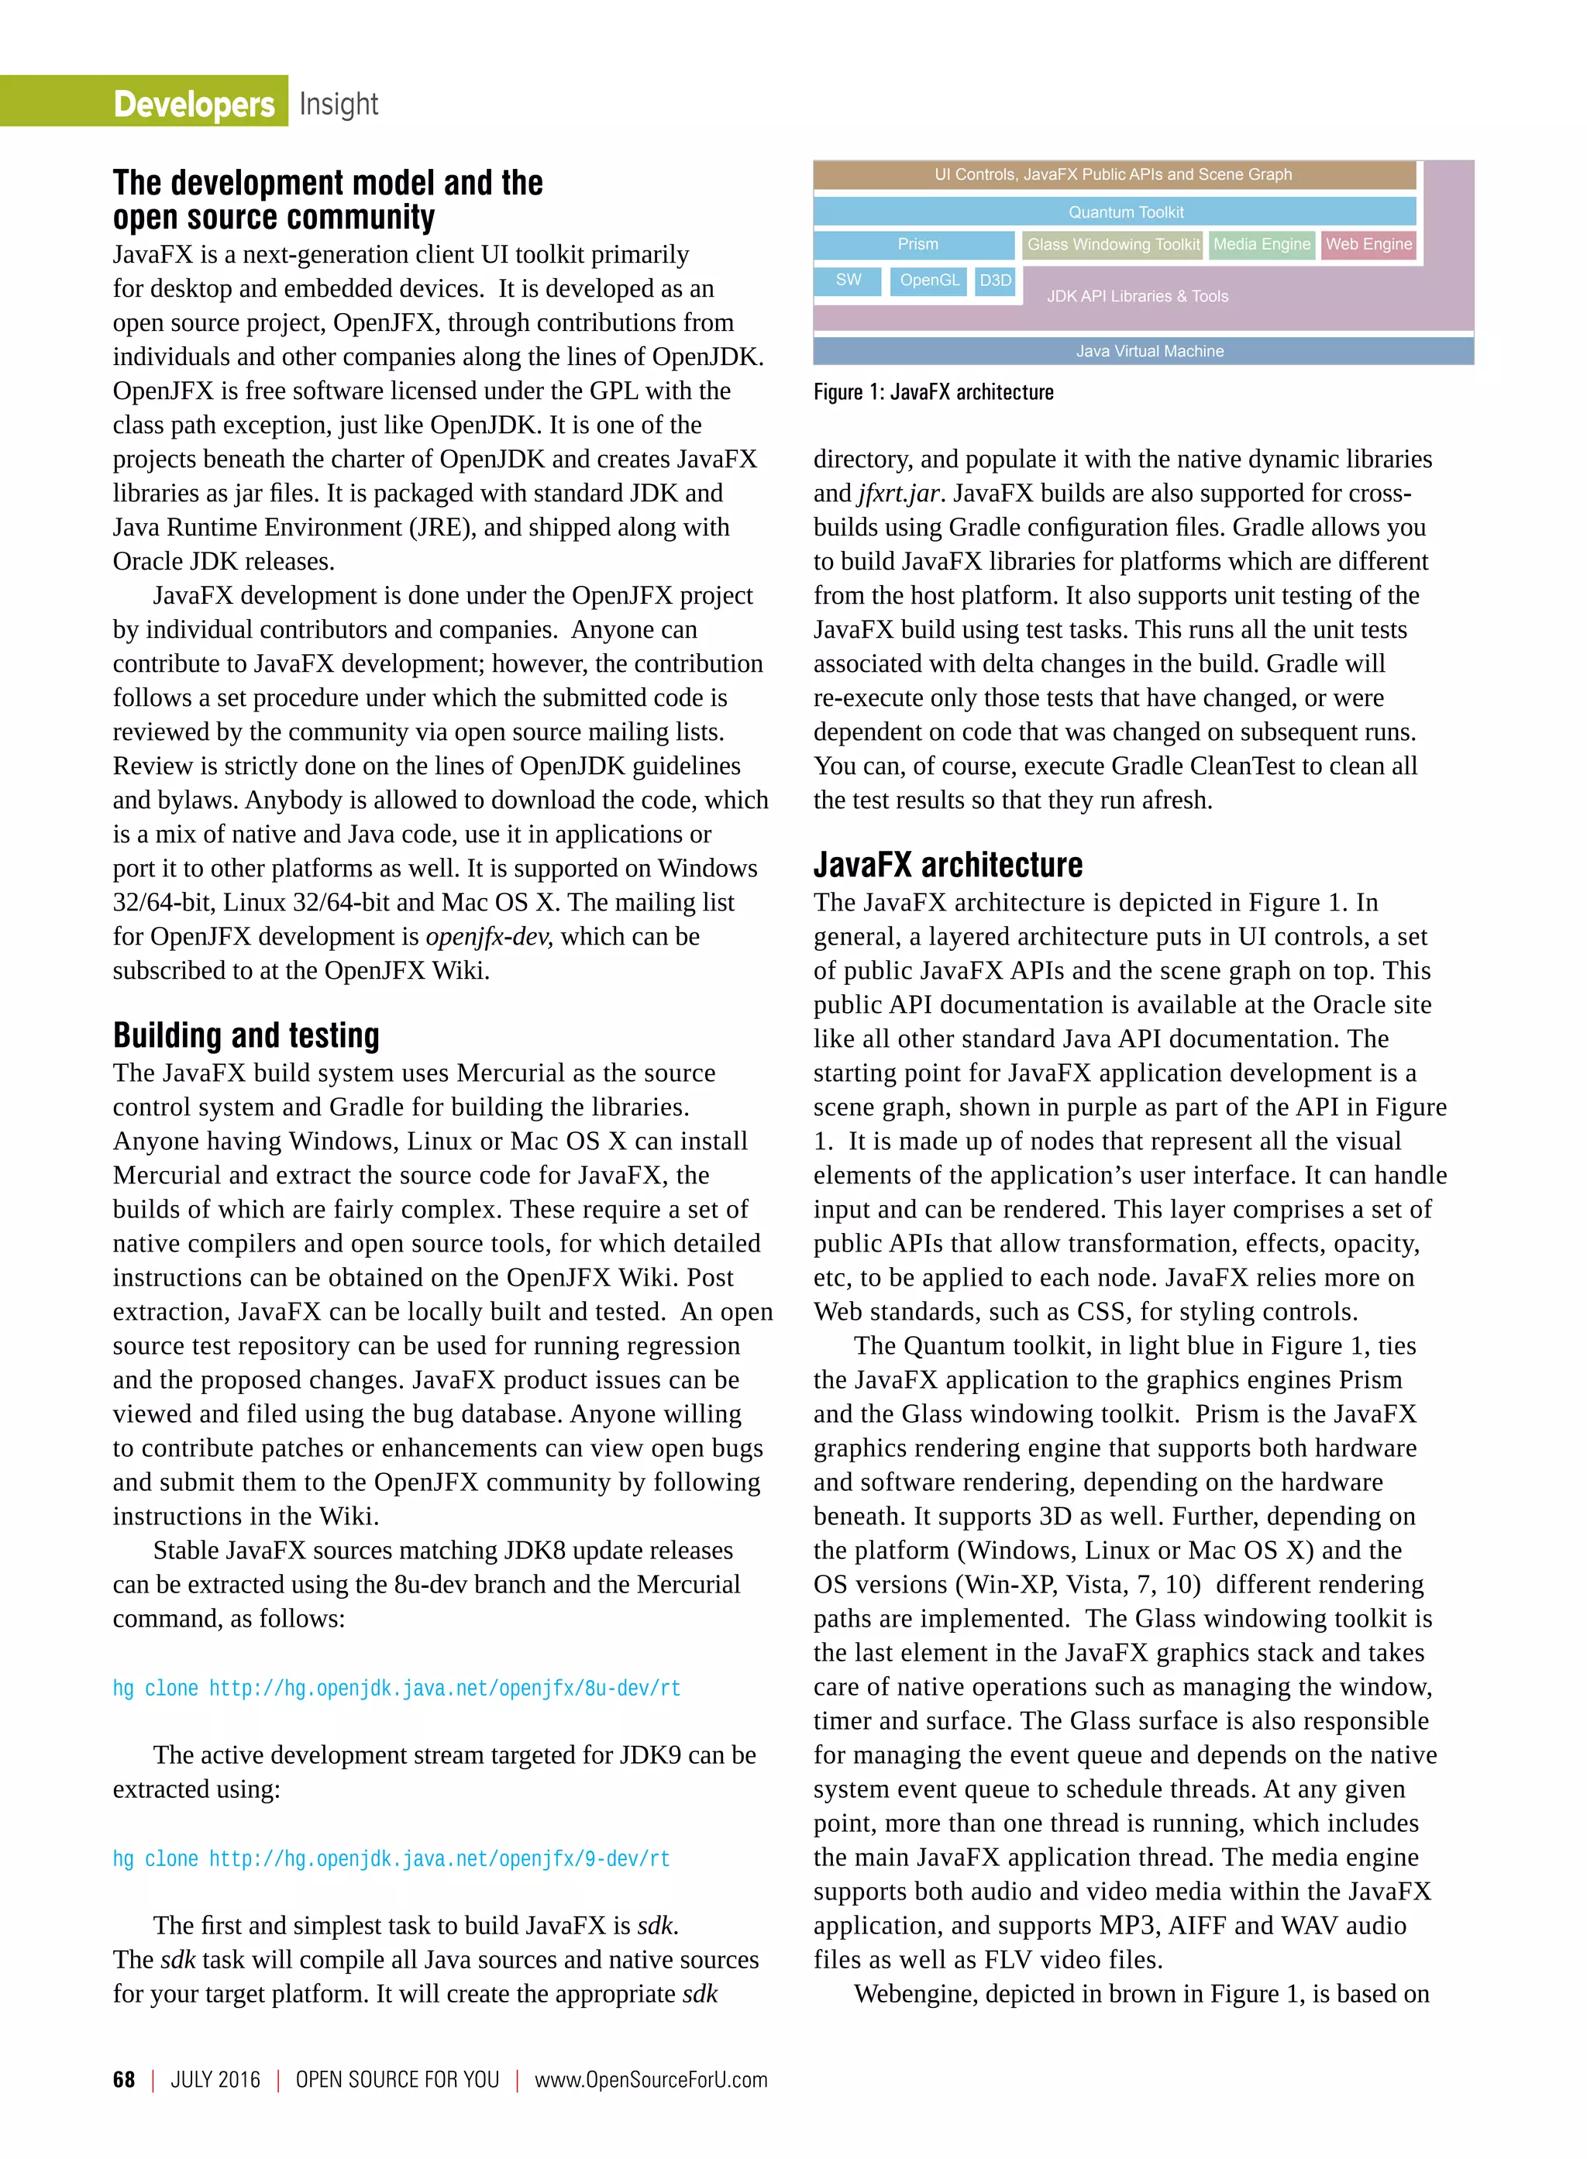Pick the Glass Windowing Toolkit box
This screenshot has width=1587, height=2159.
(1113, 244)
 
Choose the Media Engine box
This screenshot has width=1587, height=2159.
(1262, 244)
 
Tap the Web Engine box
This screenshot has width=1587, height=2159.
(1368, 244)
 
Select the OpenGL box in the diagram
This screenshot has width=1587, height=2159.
(928, 280)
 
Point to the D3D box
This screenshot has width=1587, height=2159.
(995, 280)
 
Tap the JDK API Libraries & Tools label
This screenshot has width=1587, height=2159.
(1138, 296)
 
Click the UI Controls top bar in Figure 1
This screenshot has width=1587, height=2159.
(1114, 174)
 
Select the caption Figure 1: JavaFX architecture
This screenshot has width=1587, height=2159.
(933, 392)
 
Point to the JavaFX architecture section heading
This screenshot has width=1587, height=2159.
(947, 865)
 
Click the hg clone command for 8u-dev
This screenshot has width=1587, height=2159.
(396, 1688)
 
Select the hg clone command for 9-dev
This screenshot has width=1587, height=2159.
(391, 1858)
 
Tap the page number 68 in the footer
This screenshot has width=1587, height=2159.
(124, 2079)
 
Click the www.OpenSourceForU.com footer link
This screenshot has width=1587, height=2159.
(650, 2079)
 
